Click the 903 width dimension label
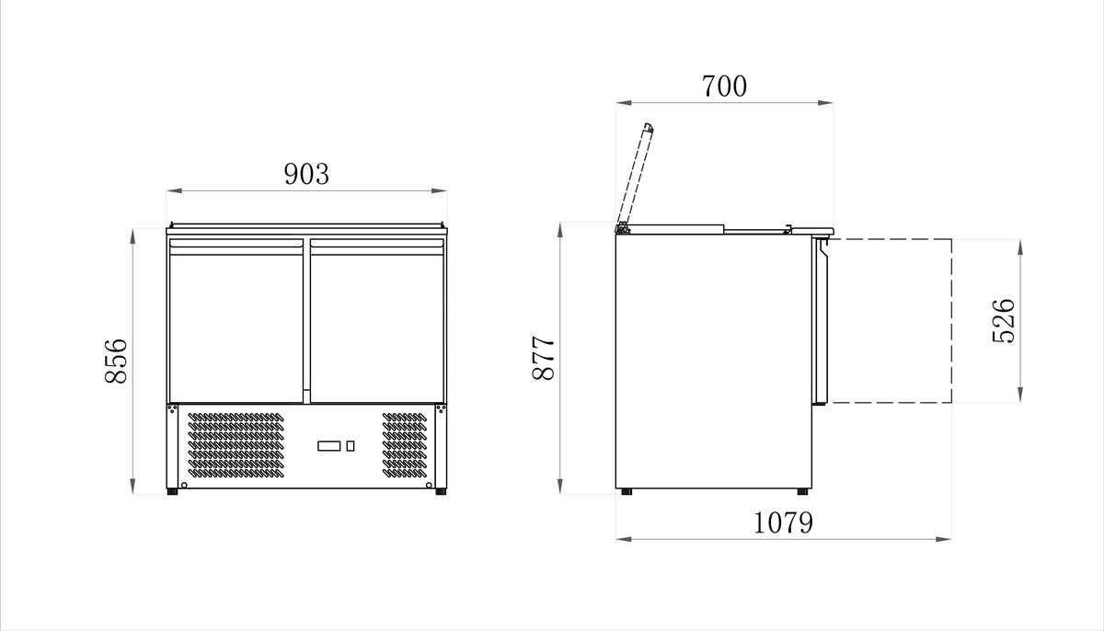coord(306,174)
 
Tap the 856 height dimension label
coord(116,361)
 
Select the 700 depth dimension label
coord(724,86)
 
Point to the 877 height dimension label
coord(544,358)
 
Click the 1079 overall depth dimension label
coord(783,522)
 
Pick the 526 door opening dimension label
coord(1004,321)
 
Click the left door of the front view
coord(236,321)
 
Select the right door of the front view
coord(377,321)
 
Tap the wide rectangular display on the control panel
coord(328,446)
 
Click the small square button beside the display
coord(351,446)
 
